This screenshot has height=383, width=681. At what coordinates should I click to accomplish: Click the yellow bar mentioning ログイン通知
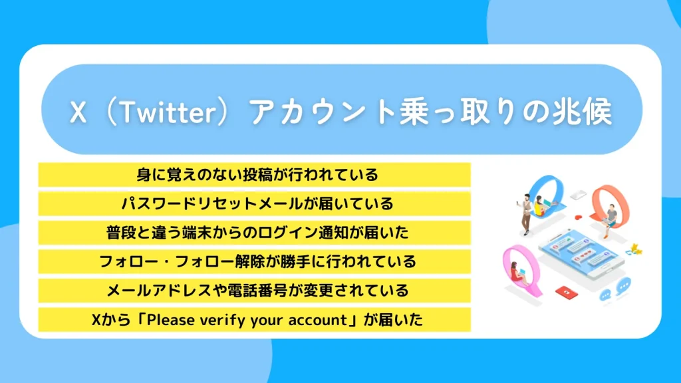pyautogui.click(x=255, y=233)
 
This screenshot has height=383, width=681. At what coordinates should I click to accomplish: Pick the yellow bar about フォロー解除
pyautogui.click(x=255, y=261)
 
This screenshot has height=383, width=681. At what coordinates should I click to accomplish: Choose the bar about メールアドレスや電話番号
pyautogui.click(x=255, y=291)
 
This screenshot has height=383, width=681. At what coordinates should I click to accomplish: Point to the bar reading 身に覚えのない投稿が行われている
pyautogui.click(x=255, y=175)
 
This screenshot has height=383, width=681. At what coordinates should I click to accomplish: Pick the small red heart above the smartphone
pyautogui.click(x=579, y=217)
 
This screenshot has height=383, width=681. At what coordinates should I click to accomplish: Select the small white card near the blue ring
pyautogui.click(x=577, y=195)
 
